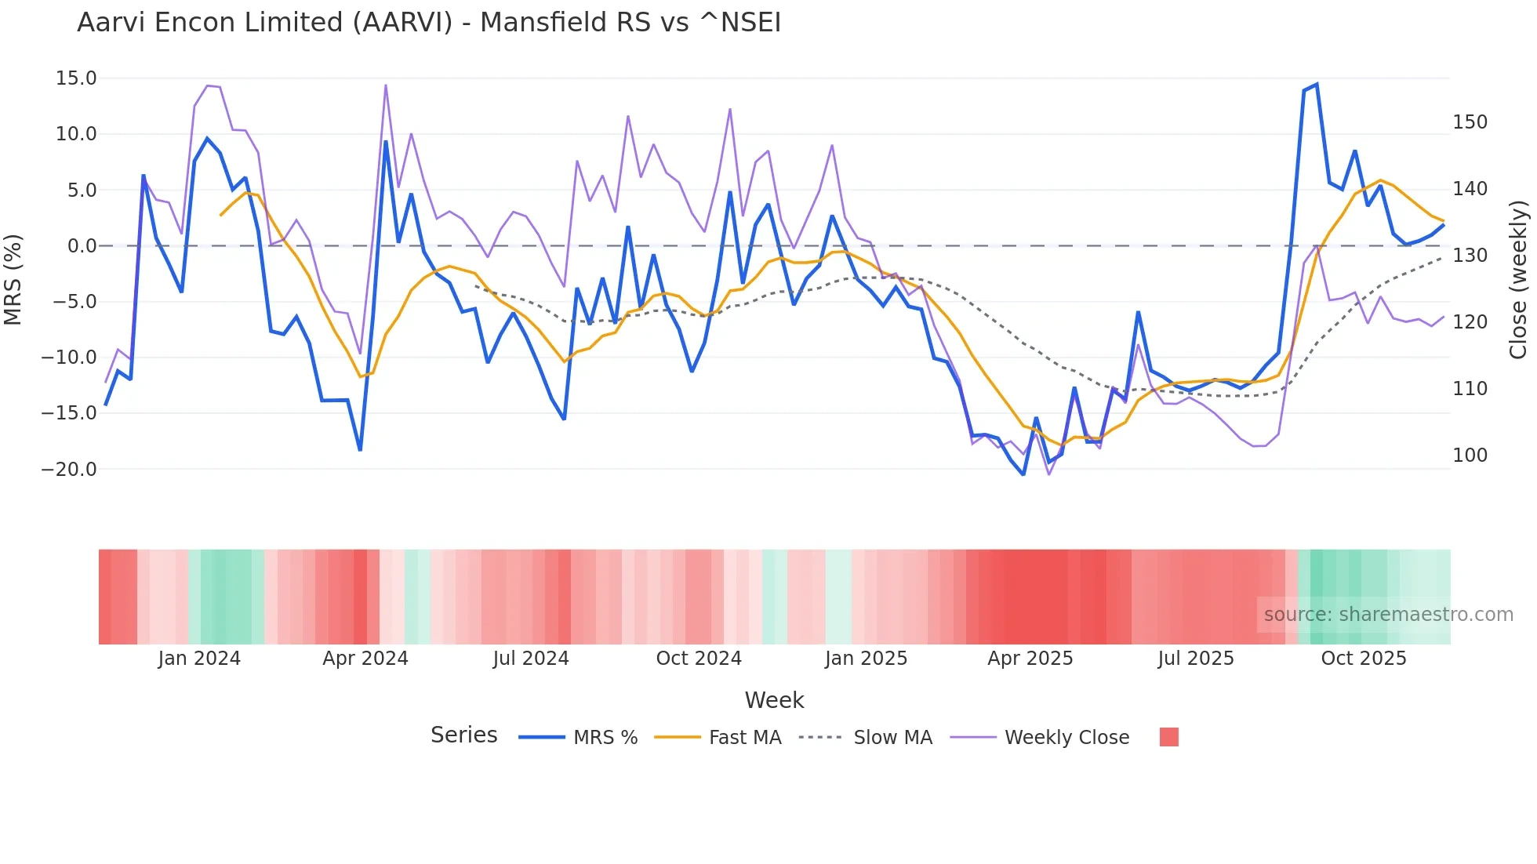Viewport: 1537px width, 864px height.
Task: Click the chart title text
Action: [x=429, y=23]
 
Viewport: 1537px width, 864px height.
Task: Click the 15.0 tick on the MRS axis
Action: [x=76, y=78]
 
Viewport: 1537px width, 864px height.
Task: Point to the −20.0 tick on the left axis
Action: [x=69, y=470]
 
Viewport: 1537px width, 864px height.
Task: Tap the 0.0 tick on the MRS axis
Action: [x=82, y=246]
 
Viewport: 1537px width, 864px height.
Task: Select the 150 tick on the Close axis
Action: [x=1470, y=122]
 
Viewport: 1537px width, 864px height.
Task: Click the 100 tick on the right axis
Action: [x=1470, y=456]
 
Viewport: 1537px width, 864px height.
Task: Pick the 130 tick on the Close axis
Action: [x=1470, y=256]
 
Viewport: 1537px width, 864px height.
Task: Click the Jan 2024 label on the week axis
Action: [x=199, y=659]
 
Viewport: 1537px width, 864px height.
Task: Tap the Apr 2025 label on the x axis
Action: [x=1030, y=659]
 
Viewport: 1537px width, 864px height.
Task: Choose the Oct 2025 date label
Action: [x=1364, y=659]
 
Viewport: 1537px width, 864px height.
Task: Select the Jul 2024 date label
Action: [x=531, y=659]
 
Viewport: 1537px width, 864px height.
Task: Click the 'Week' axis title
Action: [x=774, y=700]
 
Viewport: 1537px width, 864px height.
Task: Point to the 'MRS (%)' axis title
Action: [x=13, y=279]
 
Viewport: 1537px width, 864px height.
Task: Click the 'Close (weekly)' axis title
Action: [x=1518, y=280]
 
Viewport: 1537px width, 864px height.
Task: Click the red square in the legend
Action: [x=1168, y=737]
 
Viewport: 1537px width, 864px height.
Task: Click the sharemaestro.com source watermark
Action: [x=1388, y=615]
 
